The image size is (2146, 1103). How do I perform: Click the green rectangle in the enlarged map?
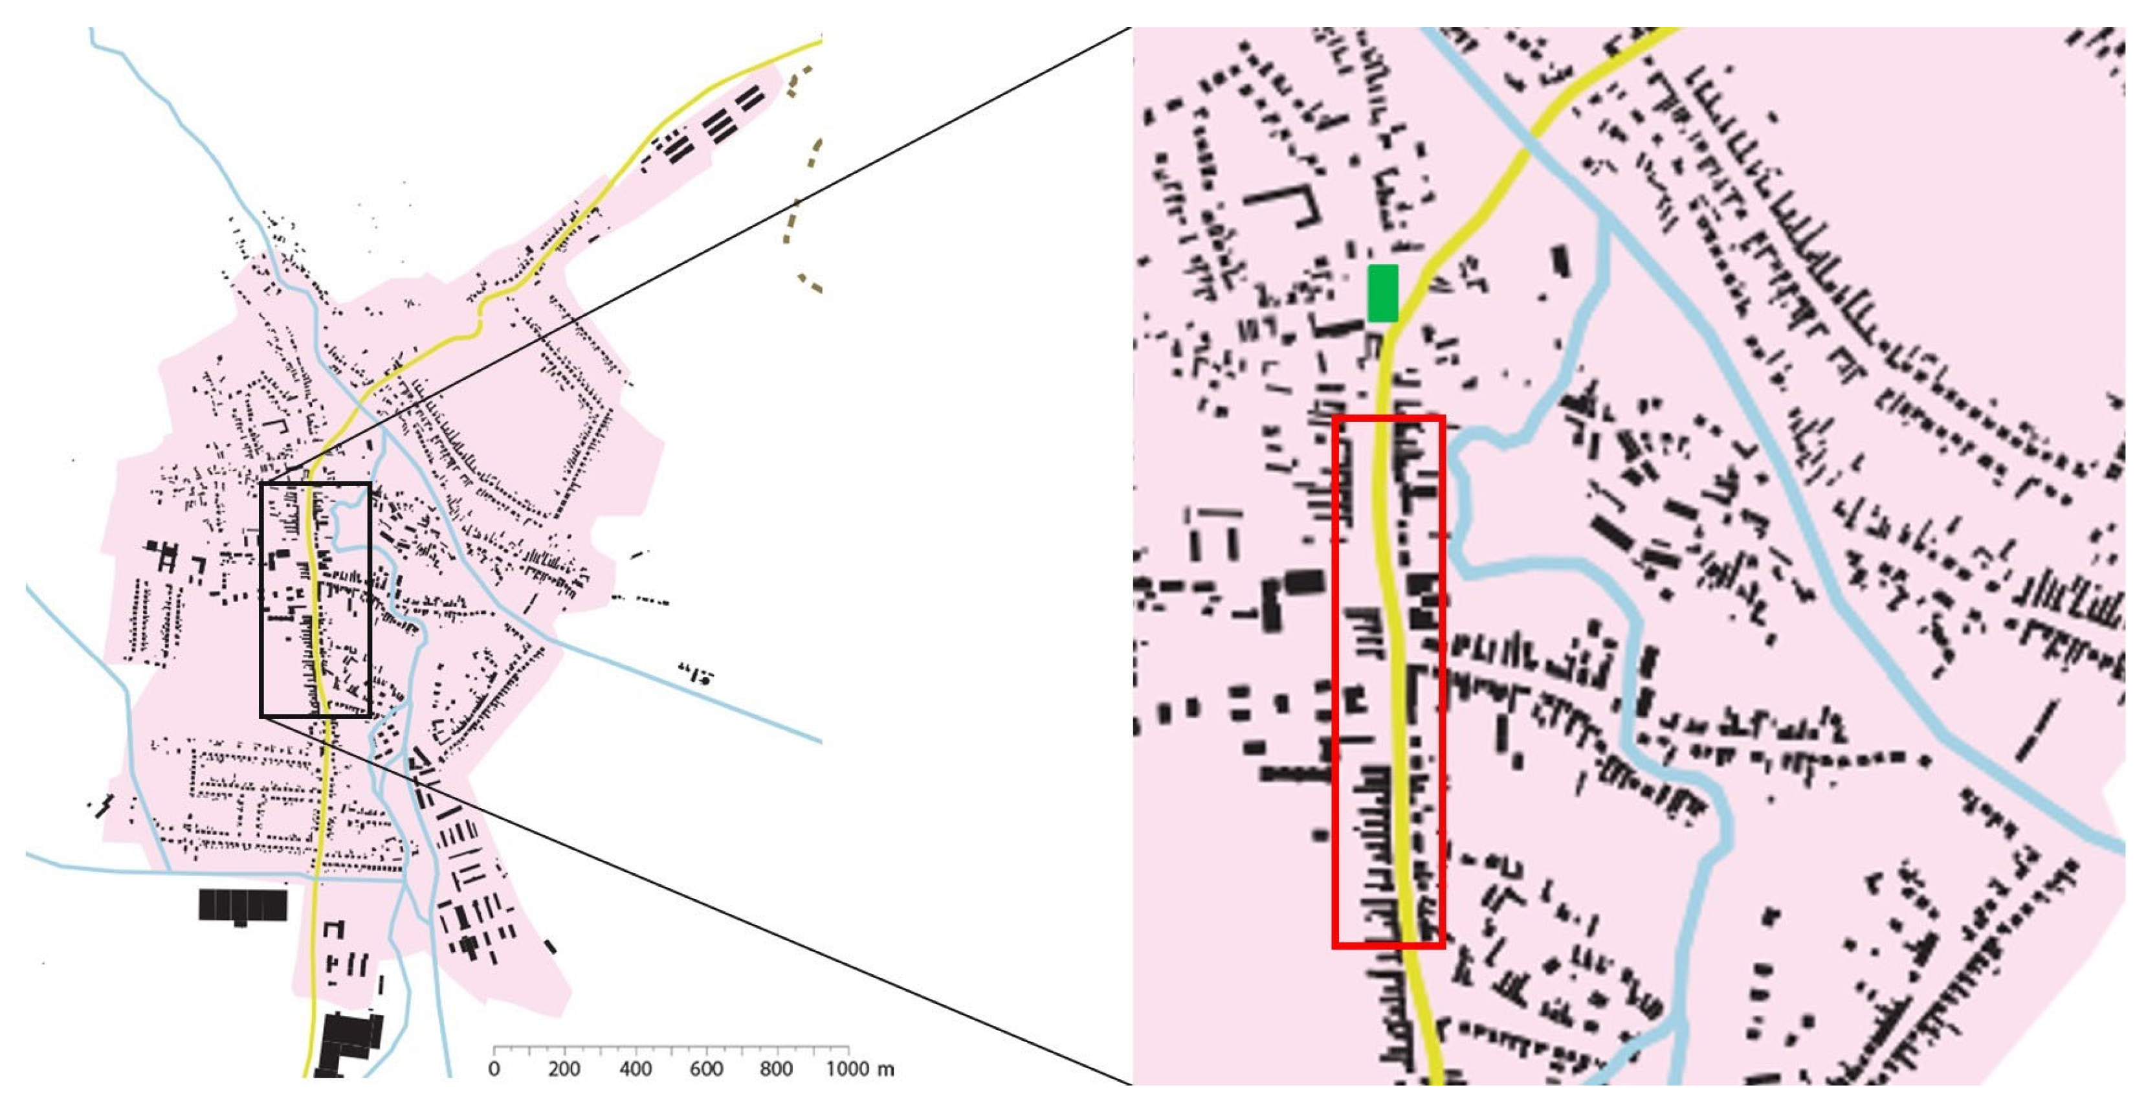1383,293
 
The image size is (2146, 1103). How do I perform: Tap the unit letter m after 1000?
887,1070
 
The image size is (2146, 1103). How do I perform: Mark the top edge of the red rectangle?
1389,418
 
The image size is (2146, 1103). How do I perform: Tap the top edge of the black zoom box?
316,485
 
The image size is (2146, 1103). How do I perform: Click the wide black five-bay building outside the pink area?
243,906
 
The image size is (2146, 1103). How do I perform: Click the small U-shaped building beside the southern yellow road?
334,929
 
